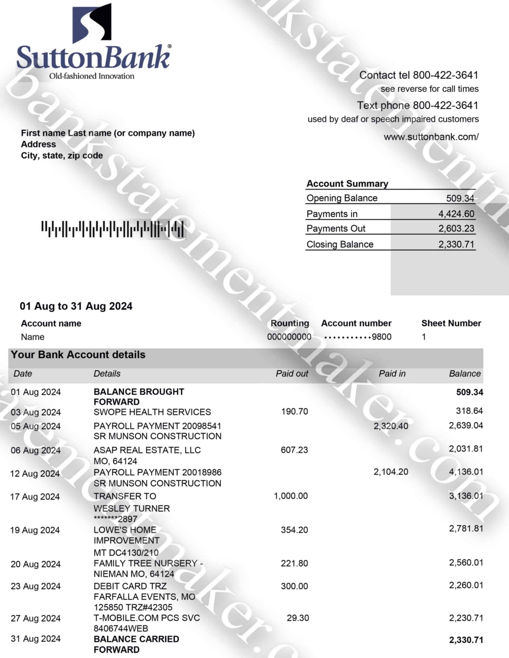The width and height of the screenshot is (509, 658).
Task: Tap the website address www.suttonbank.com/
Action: coord(431,137)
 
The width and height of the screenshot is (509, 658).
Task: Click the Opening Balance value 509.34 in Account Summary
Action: coord(460,198)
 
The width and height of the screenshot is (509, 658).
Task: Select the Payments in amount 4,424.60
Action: coord(456,214)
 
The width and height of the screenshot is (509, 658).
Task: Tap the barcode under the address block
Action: coord(112,229)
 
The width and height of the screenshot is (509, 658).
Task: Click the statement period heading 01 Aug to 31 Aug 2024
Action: coord(76,306)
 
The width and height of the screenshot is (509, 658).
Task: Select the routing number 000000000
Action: coord(289,337)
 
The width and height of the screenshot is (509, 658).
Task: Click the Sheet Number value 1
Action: coord(424,337)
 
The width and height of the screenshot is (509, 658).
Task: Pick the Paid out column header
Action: coord(292,373)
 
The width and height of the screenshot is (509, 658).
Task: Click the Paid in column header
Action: coord(392,373)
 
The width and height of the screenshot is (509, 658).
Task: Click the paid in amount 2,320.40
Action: coord(391,426)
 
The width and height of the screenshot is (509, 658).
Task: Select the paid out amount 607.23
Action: coord(294,450)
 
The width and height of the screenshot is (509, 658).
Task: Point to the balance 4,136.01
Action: coord(466,472)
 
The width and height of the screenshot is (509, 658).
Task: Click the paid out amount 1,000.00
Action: coord(291,496)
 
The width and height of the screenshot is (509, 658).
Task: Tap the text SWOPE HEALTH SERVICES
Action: coord(152,412)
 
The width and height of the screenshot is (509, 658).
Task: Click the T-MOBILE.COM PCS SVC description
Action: coord(147,618)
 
